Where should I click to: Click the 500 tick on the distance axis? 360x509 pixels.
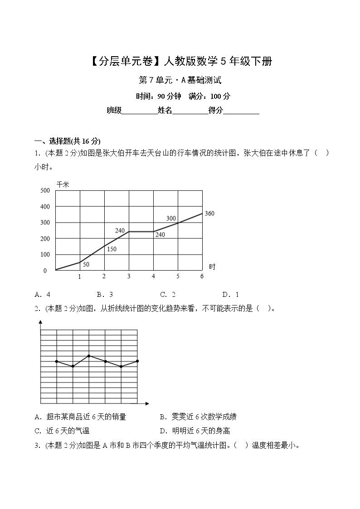(x=44, y=190)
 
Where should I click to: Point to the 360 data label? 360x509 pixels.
(x=209, y=213)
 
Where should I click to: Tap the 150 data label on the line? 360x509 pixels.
(x=112, y=249)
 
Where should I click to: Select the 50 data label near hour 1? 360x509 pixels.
(x=86, y=264)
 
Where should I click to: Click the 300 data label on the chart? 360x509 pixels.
(x=171, y=218)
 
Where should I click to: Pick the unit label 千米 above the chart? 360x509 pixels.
(x=63, y=184)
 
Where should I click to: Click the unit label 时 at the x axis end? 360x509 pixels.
(x=212, y=267)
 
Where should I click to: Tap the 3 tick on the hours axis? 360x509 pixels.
(x=129, y=276)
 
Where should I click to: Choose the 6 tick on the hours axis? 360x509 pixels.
(x=202, y=276)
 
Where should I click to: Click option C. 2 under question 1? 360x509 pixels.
(x=168, y=294)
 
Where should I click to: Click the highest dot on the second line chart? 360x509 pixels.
(x=89, y=356)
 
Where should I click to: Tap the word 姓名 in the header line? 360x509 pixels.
(x=165, y=110)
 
